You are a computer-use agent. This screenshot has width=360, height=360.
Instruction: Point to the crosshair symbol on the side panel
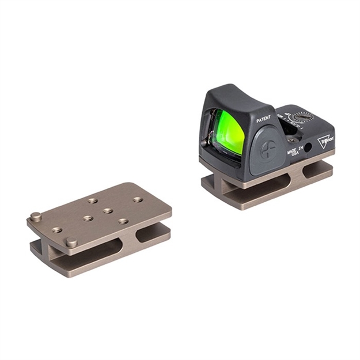[268, 150]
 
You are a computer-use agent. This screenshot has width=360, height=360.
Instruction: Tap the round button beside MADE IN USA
[308, 147]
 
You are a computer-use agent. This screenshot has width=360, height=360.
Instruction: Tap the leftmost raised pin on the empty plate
[36, 217]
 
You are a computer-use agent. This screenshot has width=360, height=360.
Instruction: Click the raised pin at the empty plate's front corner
[71, 242]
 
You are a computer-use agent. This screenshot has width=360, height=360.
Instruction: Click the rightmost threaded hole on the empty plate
[138, 199]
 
